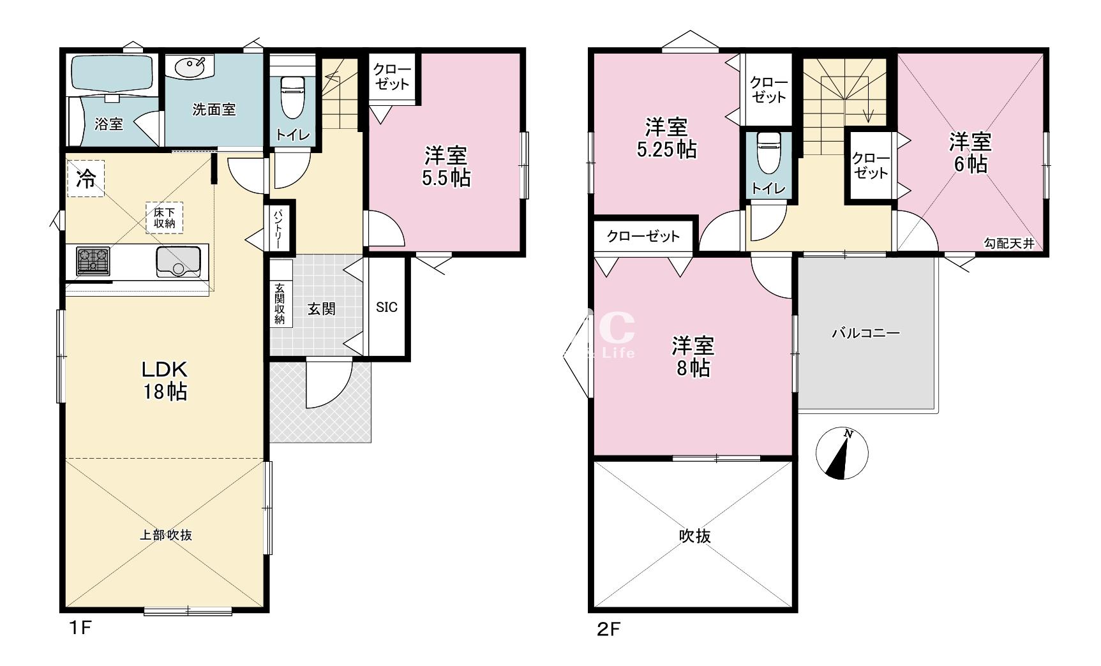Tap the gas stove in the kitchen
(x=93, y=261)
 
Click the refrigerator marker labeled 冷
(x=86, y=179)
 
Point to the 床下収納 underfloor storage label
(x=165, y=218)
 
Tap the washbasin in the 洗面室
(x=191, y=66)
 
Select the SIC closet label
(x=386, y=307)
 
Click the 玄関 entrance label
(x=321, y=309)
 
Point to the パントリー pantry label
(x=279, y=226)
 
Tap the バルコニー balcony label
(x=865, y=333)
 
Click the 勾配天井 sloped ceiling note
(x=1008, y=243)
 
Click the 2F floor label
(x=608, y=630)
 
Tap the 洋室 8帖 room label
(x=693, y=357)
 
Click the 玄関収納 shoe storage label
(x=280, y=304)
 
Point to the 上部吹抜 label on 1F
(x=166, y=535)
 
